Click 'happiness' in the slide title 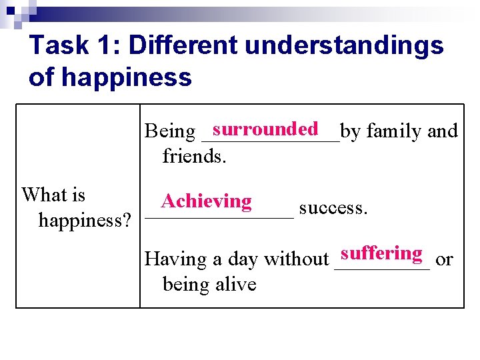127,77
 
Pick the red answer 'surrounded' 265,129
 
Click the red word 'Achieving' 207,201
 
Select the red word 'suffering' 381,253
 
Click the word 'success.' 333,208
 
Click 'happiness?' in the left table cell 85,220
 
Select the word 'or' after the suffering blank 444,259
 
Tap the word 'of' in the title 41,77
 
